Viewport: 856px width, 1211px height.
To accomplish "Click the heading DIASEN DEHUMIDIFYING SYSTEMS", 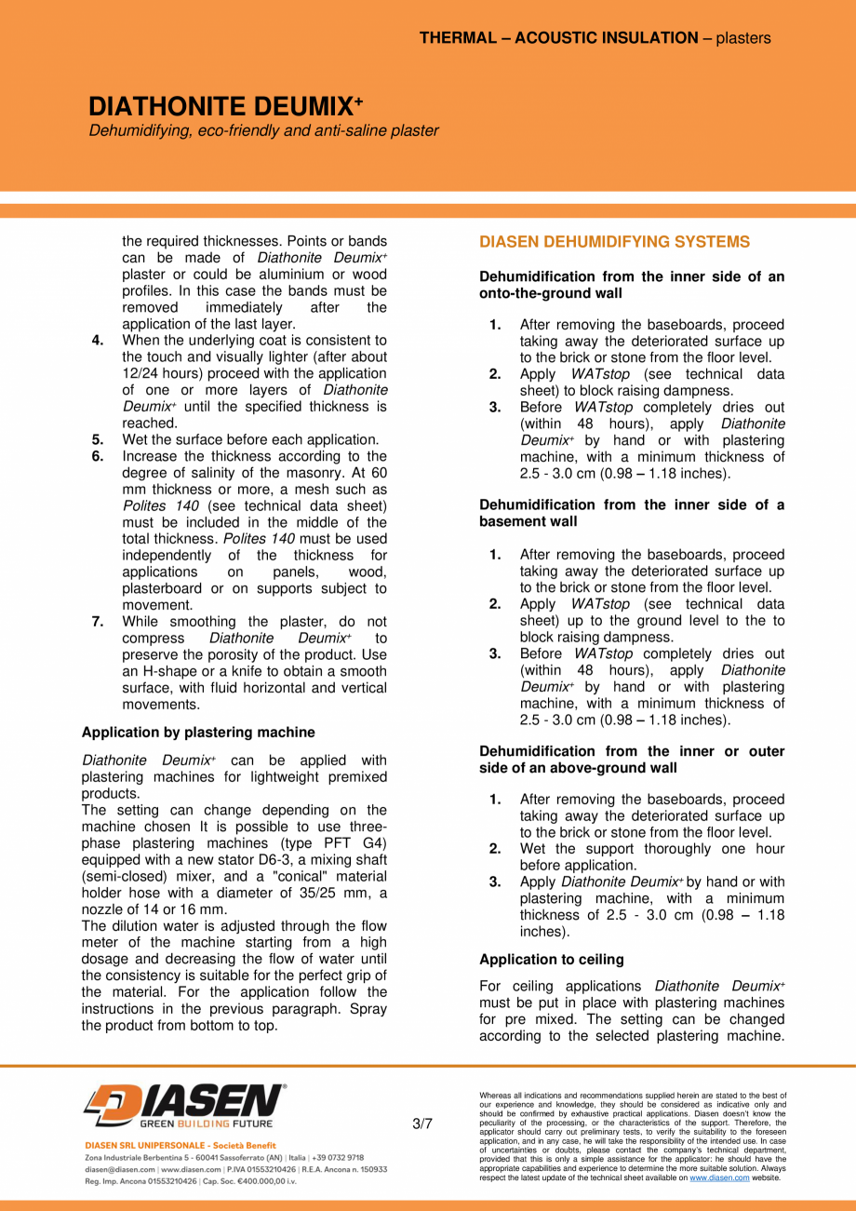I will pyautogui.click(x=614, y=242).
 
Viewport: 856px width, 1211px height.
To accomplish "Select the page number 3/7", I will pyautogui.click(x=421, y=1124).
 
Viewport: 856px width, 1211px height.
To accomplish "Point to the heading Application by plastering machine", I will pyautogui.click(x=198, y=733).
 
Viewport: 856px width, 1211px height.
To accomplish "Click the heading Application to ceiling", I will pyautogui.click(x=552, y=959).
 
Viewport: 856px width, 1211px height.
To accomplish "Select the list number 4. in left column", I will pyautogui.click(x=98, y=341).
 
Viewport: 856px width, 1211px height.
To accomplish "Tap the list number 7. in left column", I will pyautogui.click(x=98, y=622).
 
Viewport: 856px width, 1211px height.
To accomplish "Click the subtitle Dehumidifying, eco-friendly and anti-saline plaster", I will pyautogui.click(x=263, y=131).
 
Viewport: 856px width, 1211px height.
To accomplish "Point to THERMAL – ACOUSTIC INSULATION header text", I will pyautogui.click(x=558, y=38).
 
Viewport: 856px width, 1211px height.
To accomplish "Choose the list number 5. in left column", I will pyautogui.click(x=98, y=439).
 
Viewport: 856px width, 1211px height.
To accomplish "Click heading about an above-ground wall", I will pyautogui.click(x=632, y=759).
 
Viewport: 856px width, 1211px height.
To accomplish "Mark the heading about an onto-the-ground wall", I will pyautogui.click(x=632, y=285).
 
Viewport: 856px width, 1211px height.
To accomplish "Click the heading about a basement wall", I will pyautogui.click(x=632, y=513).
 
